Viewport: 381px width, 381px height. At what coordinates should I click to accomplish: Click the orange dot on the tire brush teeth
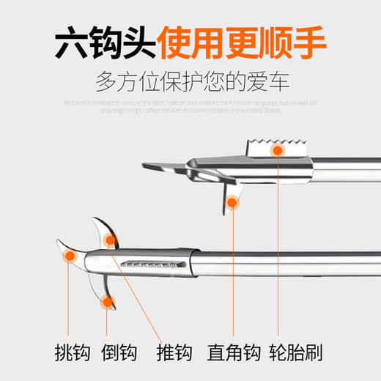tap(278, 151)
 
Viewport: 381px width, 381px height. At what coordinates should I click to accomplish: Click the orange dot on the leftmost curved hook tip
tap(70, 255)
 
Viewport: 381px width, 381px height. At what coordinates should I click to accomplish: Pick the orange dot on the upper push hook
tap(111, 239)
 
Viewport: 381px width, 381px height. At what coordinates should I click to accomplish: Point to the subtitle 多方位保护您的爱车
tap(190, 81)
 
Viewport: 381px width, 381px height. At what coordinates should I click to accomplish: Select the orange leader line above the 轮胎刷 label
tap(278, 249)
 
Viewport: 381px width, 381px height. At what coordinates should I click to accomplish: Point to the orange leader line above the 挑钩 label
tap(70, 300)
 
